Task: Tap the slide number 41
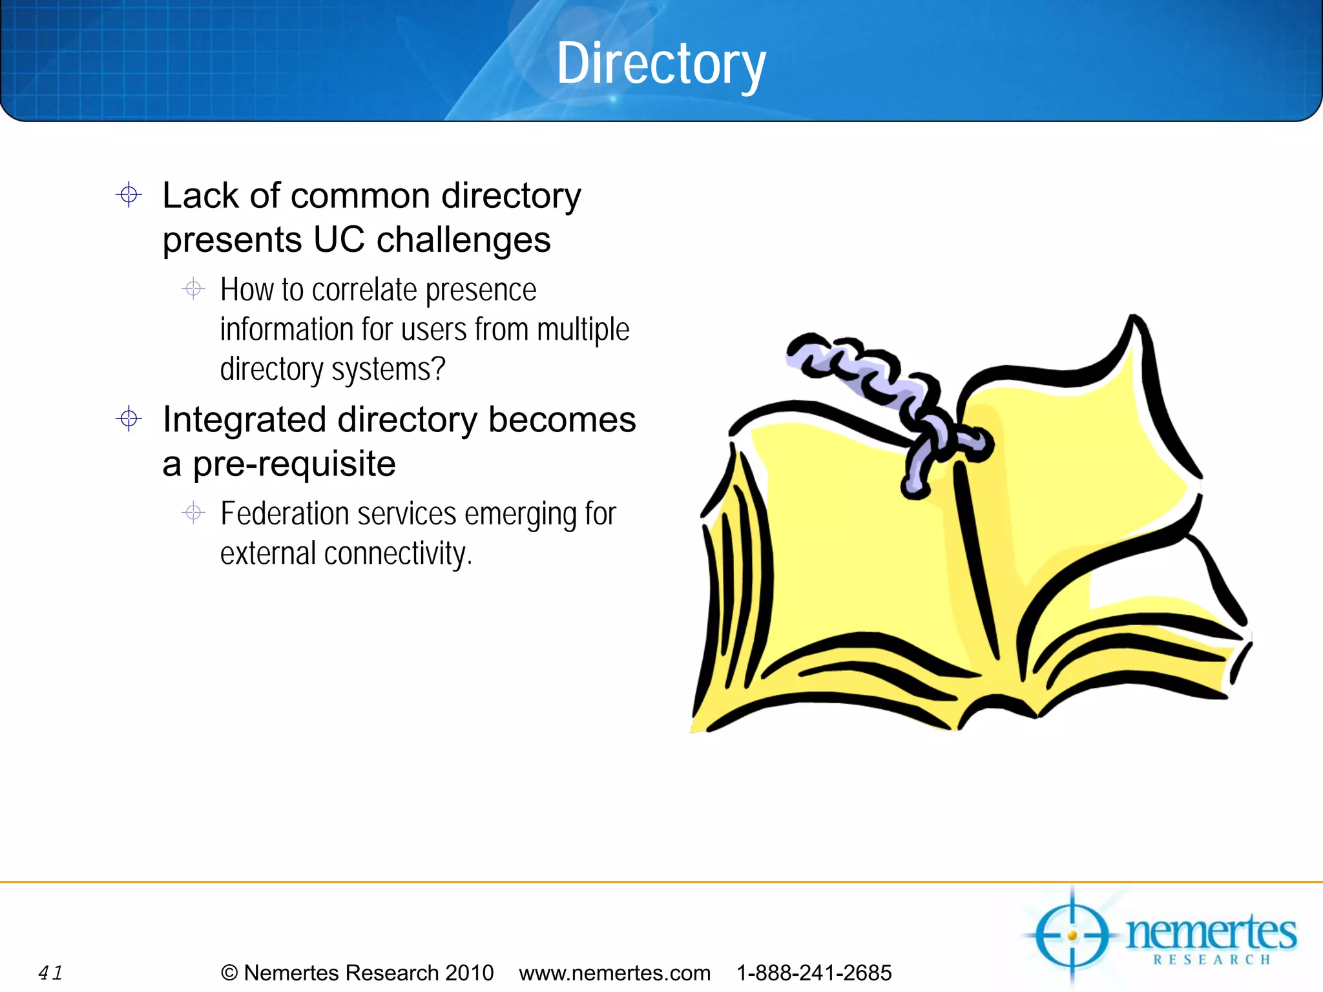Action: (50, 973)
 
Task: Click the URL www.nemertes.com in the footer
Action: (614, 973)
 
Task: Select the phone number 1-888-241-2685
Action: (814, 973)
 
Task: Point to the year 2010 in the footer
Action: (469, 973)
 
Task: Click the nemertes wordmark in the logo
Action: (1211, 933)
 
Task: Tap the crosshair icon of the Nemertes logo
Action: (1072, 935)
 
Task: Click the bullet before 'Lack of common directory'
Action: (129, 194)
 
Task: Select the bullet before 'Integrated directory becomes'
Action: (129, 419)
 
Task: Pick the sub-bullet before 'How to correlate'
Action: (193, 288)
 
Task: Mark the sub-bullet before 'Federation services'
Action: (193, 513)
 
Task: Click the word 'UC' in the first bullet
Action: (339, 240)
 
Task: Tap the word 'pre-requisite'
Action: (294, 464)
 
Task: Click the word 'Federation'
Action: (284, 514)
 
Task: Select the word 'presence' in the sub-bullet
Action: (481, 291)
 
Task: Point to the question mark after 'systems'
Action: (439, 369)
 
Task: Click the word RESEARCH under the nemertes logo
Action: (1212, 960)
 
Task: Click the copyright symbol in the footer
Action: (229, 973)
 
